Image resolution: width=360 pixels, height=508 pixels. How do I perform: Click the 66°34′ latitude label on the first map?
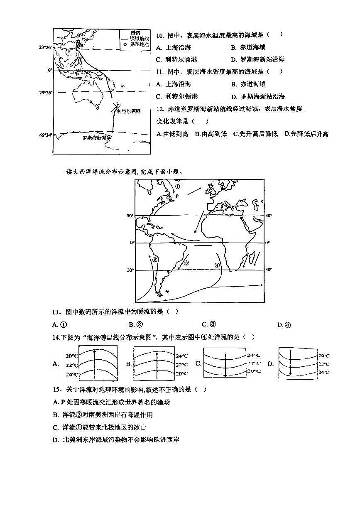(46, 135)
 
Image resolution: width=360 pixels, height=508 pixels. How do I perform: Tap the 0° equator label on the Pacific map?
(50, 70)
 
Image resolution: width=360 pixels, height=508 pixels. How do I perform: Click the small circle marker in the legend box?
(125, 44)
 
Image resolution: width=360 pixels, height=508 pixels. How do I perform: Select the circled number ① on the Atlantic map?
(178, 187)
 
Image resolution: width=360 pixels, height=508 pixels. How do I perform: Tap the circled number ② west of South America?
(154, 260)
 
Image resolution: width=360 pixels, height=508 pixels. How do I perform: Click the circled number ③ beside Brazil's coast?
(186, 263)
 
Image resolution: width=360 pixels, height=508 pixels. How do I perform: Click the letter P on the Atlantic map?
(176, 196)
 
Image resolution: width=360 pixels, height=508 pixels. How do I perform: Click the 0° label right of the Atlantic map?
(267, 242)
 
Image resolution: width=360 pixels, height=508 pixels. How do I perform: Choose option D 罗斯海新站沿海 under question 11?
(258, 96)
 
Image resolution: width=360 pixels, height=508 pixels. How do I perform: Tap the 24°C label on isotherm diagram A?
(72, 374)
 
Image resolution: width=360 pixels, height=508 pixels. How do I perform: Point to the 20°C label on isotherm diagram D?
(324, 356)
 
